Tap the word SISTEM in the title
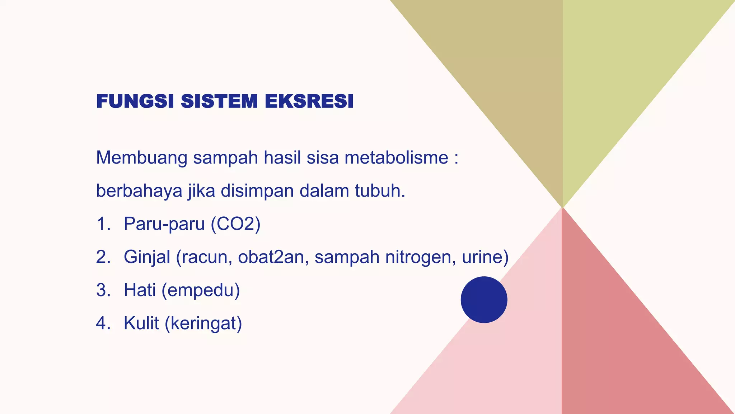(219, 101)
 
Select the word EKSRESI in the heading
(309, 101)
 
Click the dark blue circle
(484, 300)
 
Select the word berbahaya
(139, 191)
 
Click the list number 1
(103, 224)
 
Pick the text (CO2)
(235, 224)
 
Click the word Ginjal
(147, 257)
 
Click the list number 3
(103, 290)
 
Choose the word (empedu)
(201, 290)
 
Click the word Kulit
(141, 323)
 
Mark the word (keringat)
(203, 323)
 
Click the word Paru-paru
(164, 224)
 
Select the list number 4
(103, 323)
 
